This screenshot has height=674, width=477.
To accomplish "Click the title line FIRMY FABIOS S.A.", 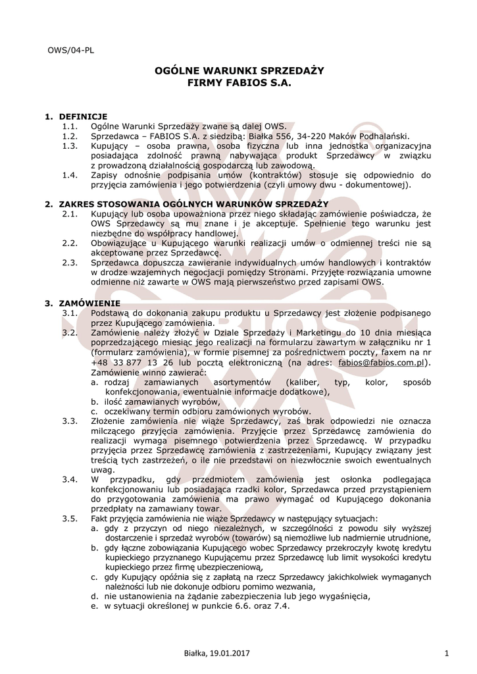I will (x=238, y=85).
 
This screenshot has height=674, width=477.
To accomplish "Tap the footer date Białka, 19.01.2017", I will (x=217, y=652).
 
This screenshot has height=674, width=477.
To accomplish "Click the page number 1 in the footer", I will (x=446, y=652).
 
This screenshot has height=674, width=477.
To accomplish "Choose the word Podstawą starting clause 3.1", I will (x=112, y=313).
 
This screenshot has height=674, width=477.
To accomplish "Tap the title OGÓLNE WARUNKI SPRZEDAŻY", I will (x=238, y=71).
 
